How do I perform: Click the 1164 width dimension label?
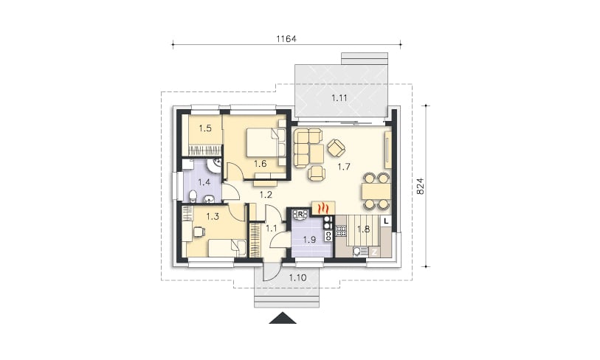[x=286, y=38]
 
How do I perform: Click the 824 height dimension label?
[x=420, y=186]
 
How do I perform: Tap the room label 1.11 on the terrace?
[x=339, y=97]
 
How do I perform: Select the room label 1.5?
[x=205, y=128]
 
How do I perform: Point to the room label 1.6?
[x=261, y=164]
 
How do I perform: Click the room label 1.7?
[x=344, y=167]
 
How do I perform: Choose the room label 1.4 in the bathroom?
[x=204, y=182]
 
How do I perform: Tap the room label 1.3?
[x=213, y=217]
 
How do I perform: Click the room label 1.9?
[x=309, y=240]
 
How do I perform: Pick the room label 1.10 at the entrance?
[x=297, y=278]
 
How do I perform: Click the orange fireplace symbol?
[x=324, y=208]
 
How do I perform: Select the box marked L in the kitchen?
[x=386, y=221]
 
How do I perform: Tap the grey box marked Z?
[x=375, y=252]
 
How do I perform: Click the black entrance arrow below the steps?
[x=283, y=318]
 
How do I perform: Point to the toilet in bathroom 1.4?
[x=193, y=197]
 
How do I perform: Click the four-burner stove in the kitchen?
[x=340, y=231]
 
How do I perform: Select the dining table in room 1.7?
[x=376, y=191]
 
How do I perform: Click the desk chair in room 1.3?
[x=199, y=232]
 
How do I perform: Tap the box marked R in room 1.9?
[x=300, y=213]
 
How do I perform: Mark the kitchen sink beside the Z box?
[x=359, y=252]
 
